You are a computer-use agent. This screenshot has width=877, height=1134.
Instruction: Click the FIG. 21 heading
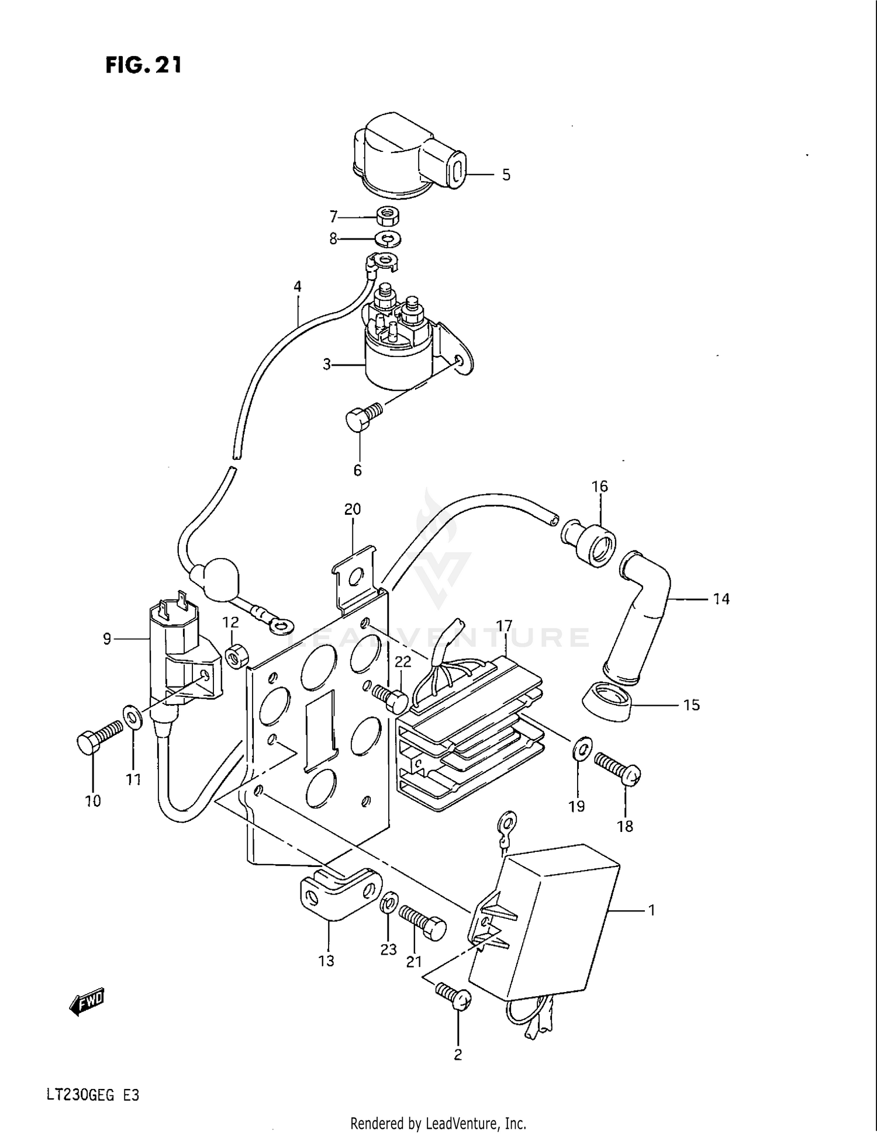(x=143, y=65)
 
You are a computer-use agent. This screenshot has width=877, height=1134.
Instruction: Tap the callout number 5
(x=506, y=175)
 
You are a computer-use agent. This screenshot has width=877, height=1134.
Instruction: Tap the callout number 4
(x=298, y=286)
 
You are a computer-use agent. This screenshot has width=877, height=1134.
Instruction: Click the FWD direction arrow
(x=86, y=1003)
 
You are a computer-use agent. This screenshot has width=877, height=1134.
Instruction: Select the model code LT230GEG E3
(x=93, y=1094)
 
